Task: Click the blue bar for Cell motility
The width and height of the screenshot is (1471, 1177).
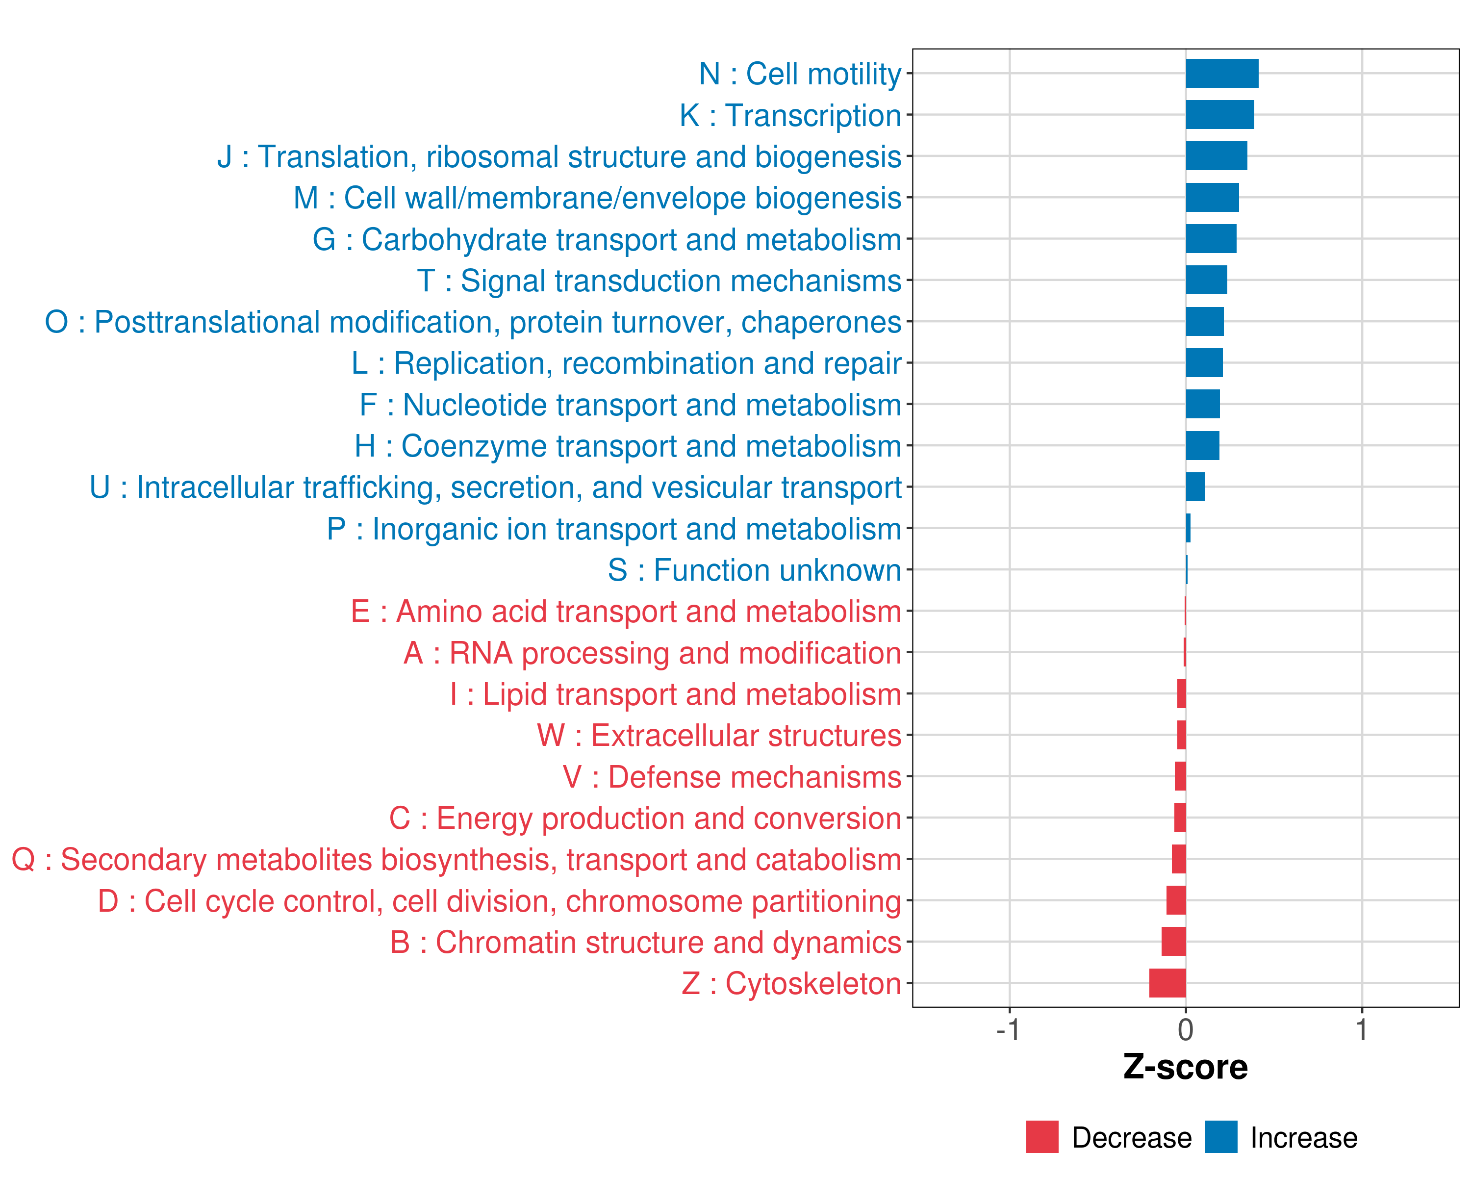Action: [x=1221, y=74]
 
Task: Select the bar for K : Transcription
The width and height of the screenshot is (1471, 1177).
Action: [x=1219, y=115]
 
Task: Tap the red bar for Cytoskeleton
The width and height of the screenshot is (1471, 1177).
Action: [x=1167, y=983]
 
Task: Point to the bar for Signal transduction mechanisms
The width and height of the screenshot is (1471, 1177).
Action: [x=1206, y=281]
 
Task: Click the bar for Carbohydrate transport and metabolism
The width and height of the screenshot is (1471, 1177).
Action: [x=1211, y=239]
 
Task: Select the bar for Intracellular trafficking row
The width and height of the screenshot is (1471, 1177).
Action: [x=1195, y=487]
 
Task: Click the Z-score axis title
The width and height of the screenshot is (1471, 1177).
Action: [x=1185, y=1067]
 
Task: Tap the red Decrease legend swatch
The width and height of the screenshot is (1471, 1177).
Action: [x=1042, y=1137]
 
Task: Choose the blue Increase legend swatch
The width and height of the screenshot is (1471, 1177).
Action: [x=1220, y=1137]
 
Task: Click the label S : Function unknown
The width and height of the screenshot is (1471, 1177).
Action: [x=754, y=570]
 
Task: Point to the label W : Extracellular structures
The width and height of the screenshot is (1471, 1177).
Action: [x=719, y=736]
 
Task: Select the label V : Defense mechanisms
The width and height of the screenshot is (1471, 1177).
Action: [x=732, y=777]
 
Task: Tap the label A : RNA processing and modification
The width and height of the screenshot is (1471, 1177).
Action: [x=652, y=653]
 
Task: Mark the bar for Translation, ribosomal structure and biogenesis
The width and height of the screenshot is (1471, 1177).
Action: [x=1216, y=156]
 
